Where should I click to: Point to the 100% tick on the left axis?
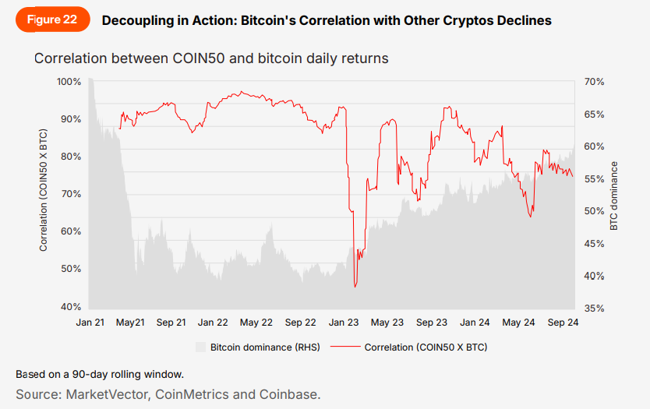point(69,82)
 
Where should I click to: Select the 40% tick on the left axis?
point(71,306)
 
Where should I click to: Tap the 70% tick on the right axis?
point(595,82)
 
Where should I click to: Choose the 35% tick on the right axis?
point(595,309)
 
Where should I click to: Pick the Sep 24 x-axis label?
point(563,322)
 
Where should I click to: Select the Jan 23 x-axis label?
point(344,322)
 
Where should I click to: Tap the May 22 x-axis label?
point(256,322)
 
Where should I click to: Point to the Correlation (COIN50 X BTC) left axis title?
point(44,195)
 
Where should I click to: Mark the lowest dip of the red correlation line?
point(355,287)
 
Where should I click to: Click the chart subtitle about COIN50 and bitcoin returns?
point(210,58)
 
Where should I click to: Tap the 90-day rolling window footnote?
point(100,374)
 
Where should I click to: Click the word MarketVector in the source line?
point(108,394)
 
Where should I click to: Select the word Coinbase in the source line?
point(291,394)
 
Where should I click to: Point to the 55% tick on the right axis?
point(595,178)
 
